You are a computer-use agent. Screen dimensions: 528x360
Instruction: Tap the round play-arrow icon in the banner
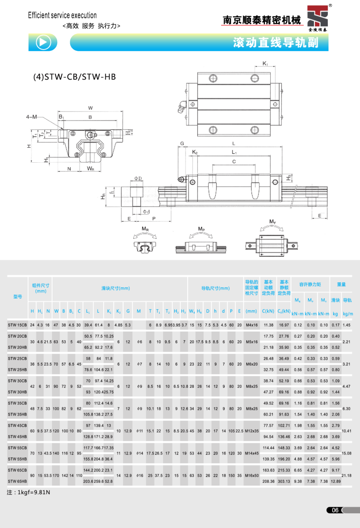[43, 42]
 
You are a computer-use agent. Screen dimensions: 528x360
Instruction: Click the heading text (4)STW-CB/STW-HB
[75, 78]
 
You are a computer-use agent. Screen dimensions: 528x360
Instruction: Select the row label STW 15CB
[17, 325]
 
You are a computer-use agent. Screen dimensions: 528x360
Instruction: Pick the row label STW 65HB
[17, 481]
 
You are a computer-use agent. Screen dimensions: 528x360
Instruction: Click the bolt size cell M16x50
[251, 476]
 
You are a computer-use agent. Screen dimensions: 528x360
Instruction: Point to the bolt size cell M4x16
[251, 325]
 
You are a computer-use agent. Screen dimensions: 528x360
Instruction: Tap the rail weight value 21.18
[347, 476]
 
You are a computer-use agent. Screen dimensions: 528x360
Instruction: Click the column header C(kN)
[268, 311]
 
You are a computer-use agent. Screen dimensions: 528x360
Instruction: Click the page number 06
[335, 510]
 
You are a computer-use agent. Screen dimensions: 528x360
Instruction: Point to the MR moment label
[145, 229]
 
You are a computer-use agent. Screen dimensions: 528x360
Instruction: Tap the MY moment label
[272, 222]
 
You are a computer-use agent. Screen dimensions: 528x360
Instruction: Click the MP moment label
[201, 229]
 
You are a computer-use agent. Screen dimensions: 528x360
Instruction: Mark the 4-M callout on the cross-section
[31, 117]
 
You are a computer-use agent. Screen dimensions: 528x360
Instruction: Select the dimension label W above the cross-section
[90, 108]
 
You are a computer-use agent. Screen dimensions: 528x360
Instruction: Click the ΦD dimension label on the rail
[138, 178]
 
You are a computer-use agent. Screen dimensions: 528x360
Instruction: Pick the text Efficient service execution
[62, 16]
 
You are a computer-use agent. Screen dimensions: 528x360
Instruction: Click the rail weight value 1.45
[347, 325]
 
